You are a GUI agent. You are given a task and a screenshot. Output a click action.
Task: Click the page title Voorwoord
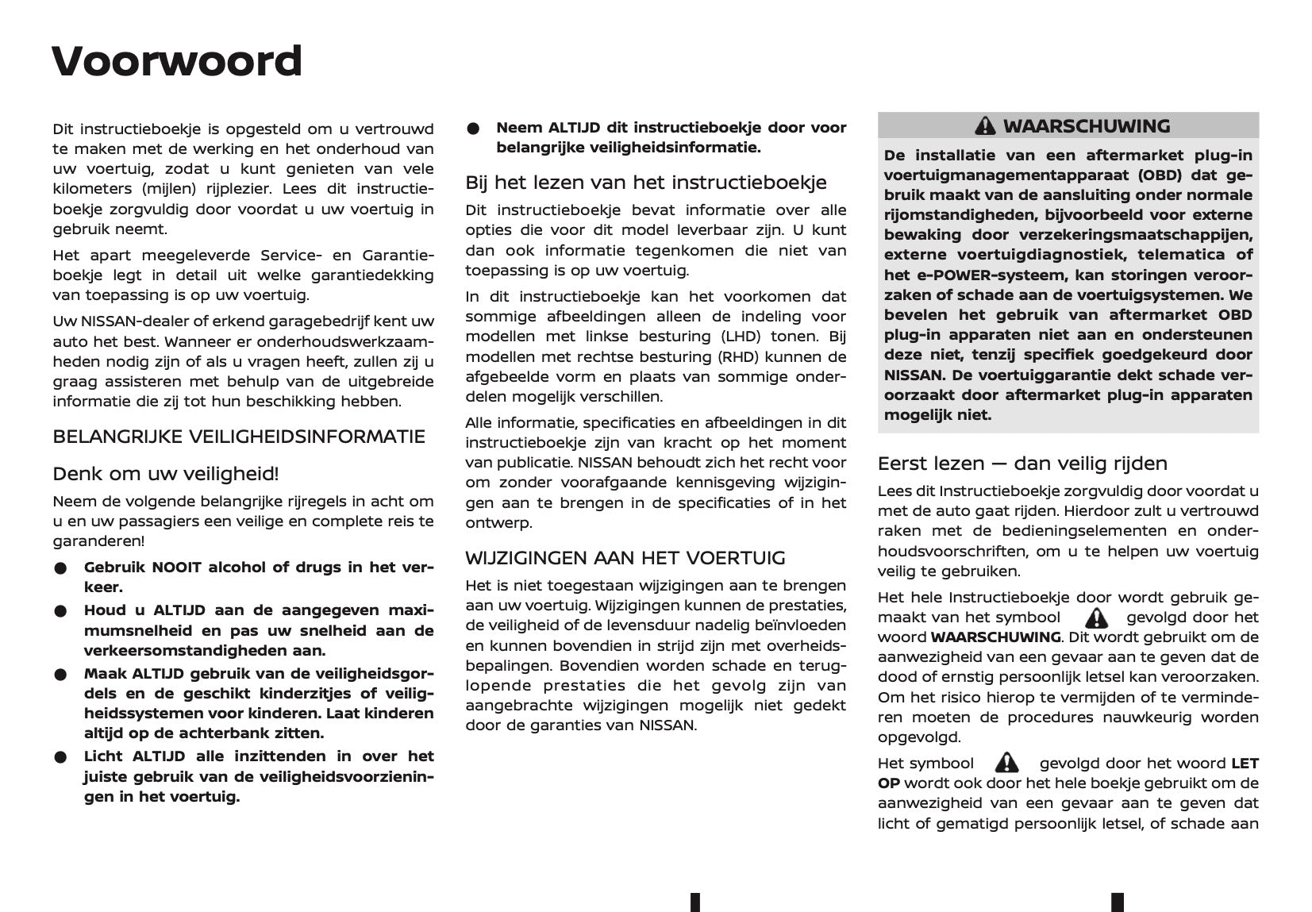pyautogui.click(x=177, y=62)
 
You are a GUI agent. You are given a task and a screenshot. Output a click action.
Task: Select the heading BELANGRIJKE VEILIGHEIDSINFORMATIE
pyautogui.click(x=239, y=437)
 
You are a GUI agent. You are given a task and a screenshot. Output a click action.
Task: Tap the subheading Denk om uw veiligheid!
pyautogui.click(x=166, y=475)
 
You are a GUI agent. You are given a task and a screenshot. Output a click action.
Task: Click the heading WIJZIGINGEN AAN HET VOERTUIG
pyautogui.click(x=625, y=558)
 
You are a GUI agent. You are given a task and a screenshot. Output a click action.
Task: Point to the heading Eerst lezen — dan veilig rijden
pyautogui.click(x=1022, y=464)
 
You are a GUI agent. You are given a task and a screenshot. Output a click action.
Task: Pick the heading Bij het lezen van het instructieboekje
pyautogui.click(x=646, y=183)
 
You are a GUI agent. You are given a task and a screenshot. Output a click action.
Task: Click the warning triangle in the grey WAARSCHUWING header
pyautogui.click(x=985, y=126)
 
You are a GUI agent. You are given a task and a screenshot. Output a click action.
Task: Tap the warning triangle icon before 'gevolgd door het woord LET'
pyautogui.click(x=1006, y=763)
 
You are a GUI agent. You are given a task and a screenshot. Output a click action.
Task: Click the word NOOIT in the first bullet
pyautogui.click(x=177, y=568)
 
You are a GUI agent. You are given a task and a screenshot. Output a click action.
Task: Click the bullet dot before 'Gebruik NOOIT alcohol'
pyautogui.click(x=60, y=568)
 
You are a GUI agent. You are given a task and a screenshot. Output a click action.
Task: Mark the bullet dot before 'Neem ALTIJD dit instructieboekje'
pyautogui.click(x=473, y=129)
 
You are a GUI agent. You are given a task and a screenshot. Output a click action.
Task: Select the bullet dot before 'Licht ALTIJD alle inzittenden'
pyautogui.click(x=60, y=757)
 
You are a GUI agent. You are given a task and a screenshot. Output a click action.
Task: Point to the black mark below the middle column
pyautogui.click(x=695, y=902)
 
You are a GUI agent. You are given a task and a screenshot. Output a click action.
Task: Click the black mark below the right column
pyautogui.click(x=1118, y=902)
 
